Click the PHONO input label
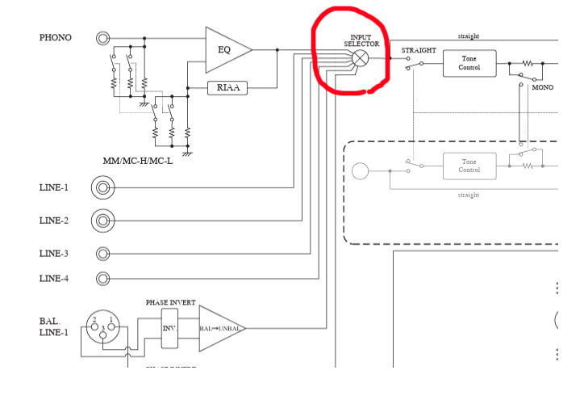[55, 37]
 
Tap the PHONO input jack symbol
[102, 37]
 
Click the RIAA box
[227, 88]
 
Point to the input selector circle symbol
[361, 58]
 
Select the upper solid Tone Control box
[469, 63]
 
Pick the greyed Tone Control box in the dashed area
[469, 166]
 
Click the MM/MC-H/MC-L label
[137, 161]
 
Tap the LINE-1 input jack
[102, 188]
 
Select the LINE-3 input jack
[102, 254]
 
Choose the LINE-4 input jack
[102, 279]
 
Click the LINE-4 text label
[54, 279]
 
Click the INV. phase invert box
[169, 328]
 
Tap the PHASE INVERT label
[170, 302]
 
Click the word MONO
[542, 87]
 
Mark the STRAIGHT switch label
[419, 50]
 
